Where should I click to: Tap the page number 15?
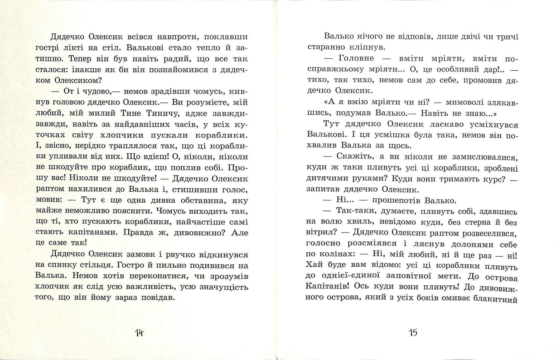coord(413,332)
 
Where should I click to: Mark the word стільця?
coord(120,265)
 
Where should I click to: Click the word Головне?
coord(356,59)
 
